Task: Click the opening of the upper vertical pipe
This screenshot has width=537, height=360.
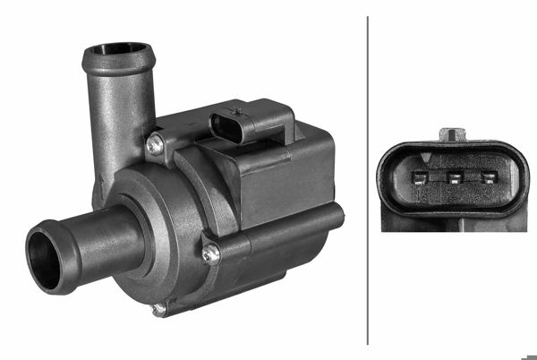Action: pos(118,50)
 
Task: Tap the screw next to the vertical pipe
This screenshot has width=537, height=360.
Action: pos(157,141)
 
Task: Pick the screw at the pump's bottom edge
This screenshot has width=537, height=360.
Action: pos(158,309)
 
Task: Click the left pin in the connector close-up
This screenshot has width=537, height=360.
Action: pos(419,176)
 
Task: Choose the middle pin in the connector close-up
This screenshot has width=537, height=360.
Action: pos(454,176)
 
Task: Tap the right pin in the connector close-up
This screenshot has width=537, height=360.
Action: pos(489,176)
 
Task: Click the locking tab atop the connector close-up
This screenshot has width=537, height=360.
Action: pos(454,134)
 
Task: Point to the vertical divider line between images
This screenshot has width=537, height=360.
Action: pos(368,179)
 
